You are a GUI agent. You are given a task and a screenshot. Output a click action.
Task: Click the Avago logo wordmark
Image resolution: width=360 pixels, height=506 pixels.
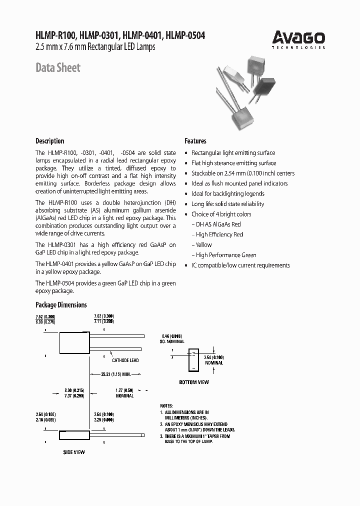tap(298, 37)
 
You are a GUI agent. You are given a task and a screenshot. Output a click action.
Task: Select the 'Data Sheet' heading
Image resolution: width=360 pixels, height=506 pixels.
tap(57, 67)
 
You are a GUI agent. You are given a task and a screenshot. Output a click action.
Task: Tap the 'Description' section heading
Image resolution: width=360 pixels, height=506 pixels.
tap(49, 141)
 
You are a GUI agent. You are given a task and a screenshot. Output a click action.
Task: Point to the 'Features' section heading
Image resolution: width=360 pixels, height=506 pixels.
tap(195, 141)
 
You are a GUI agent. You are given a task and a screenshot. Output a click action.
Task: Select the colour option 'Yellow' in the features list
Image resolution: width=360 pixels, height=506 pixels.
tap(203, 245)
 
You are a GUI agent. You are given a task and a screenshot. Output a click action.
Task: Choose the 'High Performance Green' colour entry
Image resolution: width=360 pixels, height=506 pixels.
tap(225, 255)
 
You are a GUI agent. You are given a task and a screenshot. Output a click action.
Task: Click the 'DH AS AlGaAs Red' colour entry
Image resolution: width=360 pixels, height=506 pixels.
tap(218, 224)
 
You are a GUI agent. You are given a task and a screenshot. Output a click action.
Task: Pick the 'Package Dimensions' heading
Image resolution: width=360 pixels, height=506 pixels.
tap(61, 305)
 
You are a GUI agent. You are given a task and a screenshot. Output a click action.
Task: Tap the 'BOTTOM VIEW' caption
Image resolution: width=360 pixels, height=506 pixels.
tap(194, 382)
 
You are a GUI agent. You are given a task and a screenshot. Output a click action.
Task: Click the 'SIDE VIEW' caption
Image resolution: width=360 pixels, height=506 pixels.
tap(74, 452)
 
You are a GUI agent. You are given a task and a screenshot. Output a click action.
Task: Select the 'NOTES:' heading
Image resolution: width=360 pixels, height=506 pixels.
tap(166, 405)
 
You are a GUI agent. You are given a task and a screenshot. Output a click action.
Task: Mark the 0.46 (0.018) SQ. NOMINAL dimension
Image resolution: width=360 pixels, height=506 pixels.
tap(173, 338)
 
